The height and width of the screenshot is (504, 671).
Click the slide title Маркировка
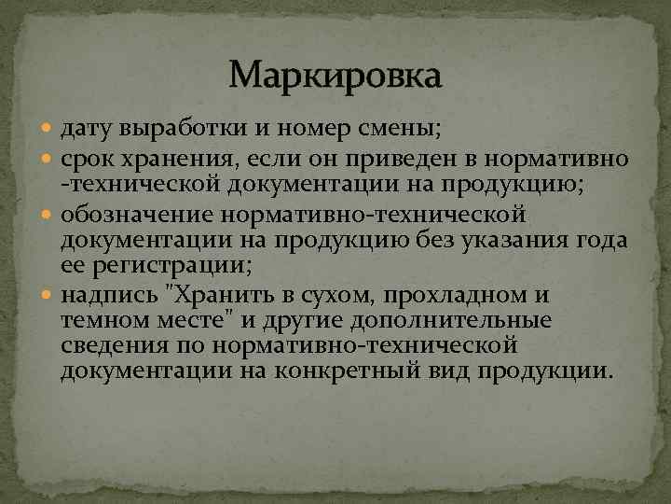(335, 74)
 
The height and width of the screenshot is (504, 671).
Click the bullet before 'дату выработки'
(49, 126)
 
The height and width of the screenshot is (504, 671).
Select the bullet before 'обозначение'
(49, 217)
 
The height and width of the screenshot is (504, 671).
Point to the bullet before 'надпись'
(49, 297)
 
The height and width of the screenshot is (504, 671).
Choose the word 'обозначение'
(136, 217)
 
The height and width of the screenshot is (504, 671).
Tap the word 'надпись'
(106, 297)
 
